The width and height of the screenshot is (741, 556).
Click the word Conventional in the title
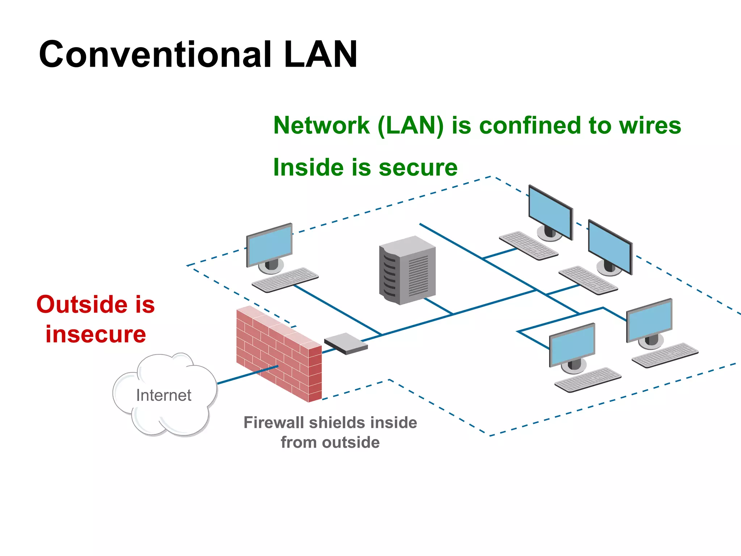156,54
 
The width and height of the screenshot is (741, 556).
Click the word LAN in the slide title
321,54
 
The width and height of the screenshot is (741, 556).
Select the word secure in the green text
418,168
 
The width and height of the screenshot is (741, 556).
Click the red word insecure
96,334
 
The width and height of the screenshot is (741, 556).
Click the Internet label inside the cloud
164,395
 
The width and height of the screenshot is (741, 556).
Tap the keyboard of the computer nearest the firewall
285,280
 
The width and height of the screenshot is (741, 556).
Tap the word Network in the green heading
321,126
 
